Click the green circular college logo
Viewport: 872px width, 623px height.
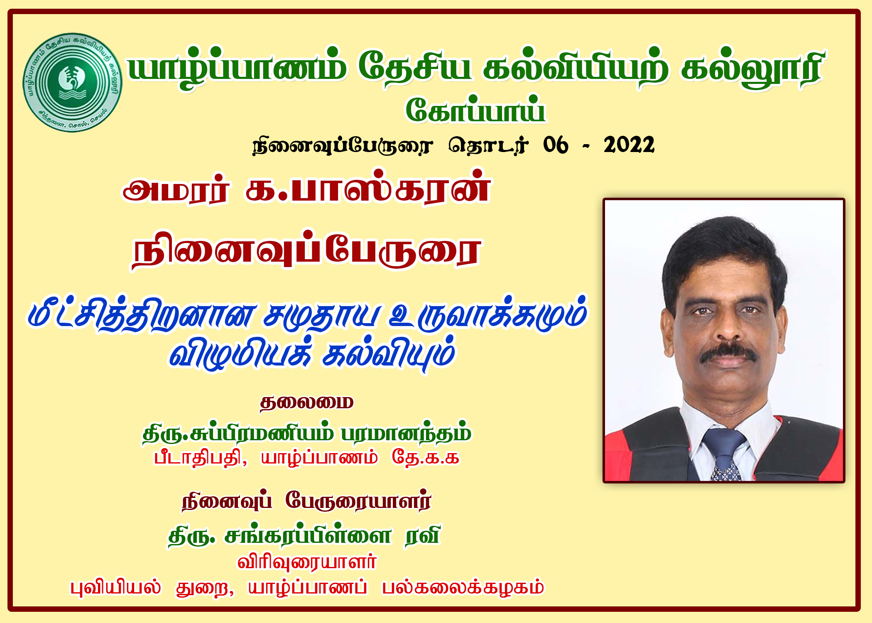tap(72, 82)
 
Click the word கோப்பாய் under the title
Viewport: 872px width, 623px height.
tap(475, 110)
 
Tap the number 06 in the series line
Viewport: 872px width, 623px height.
tap(556, 145)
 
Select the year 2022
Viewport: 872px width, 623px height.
tap(629, 145)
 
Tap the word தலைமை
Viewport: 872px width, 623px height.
tap(306, 402)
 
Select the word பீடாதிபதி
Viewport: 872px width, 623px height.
tap(201, 458)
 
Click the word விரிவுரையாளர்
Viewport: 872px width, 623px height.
tap(307, 562)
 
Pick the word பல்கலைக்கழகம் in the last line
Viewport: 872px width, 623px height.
tap(463, 587)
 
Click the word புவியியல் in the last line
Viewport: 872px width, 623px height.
tap(115, 587)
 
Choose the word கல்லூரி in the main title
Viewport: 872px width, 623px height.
tap(752, 69)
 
